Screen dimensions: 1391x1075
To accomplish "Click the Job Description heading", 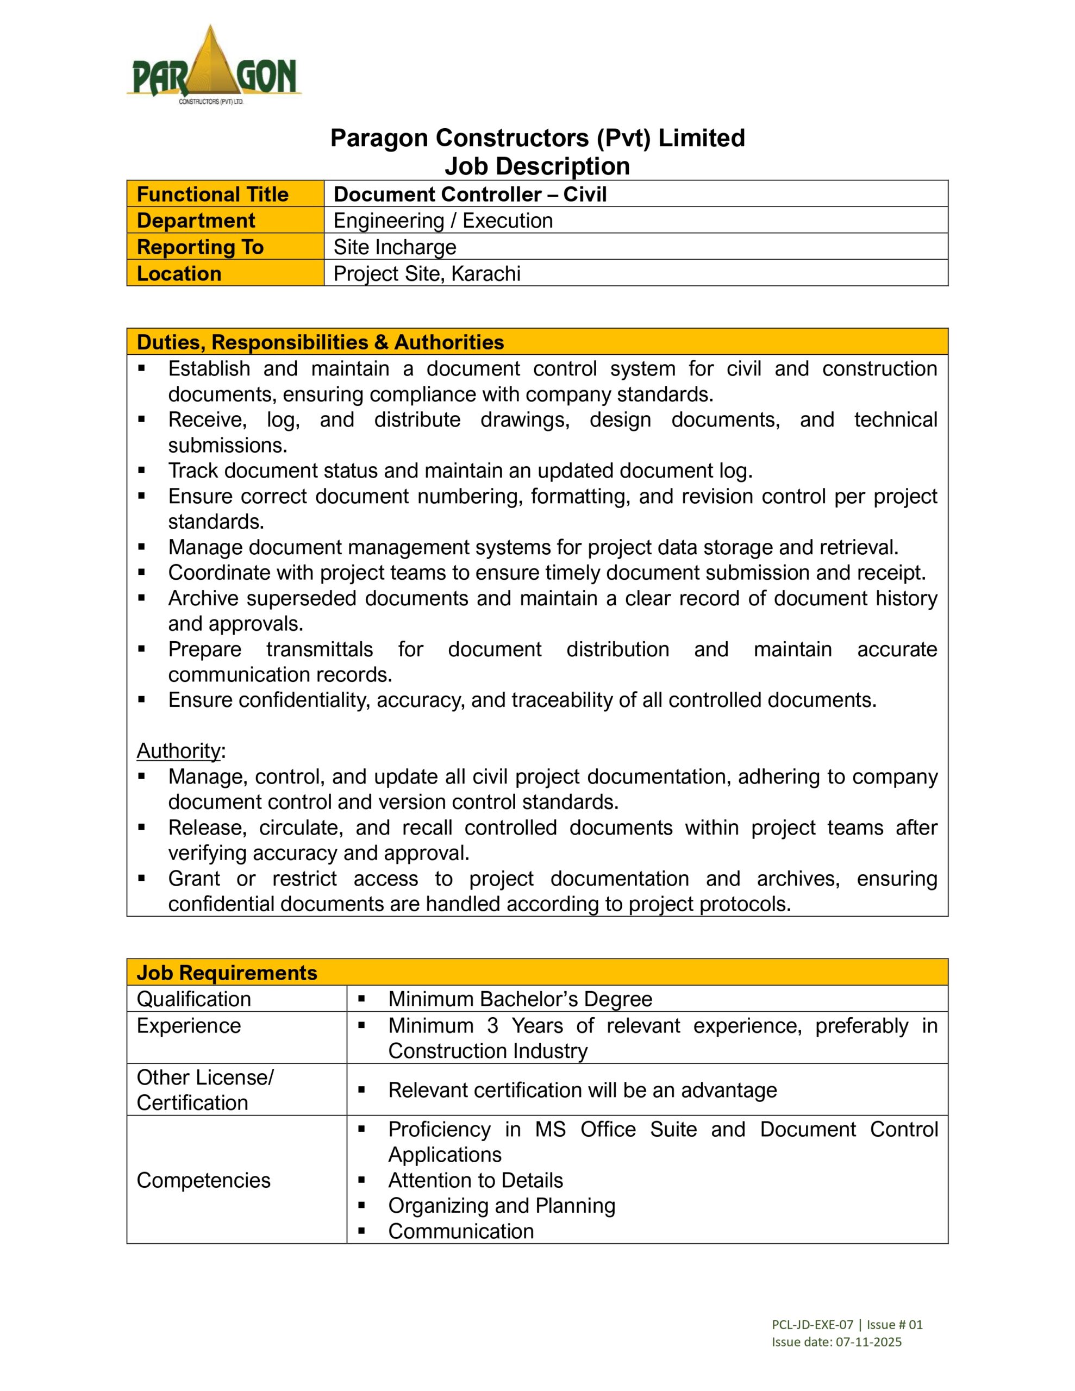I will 536,166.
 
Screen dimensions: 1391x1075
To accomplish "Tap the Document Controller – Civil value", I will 470,195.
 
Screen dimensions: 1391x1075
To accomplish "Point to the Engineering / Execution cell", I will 443,221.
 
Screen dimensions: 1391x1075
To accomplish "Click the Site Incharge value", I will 395,247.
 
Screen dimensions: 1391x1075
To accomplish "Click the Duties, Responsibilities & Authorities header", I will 320,342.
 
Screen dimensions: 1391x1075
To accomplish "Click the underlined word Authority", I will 178,751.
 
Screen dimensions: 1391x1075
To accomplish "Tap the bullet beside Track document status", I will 141,471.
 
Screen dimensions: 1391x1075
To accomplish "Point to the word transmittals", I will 319,649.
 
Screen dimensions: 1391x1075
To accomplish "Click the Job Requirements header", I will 226,973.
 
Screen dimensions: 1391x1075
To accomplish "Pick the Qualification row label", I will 193,999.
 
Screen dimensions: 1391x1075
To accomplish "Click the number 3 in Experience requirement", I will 492,1025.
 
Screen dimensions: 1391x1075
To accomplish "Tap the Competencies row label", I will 203,1180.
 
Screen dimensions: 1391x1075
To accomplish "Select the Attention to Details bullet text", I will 476,1180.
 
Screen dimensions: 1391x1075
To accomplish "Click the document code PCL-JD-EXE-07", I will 812,1325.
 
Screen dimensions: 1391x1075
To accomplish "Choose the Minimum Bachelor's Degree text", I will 520,999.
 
